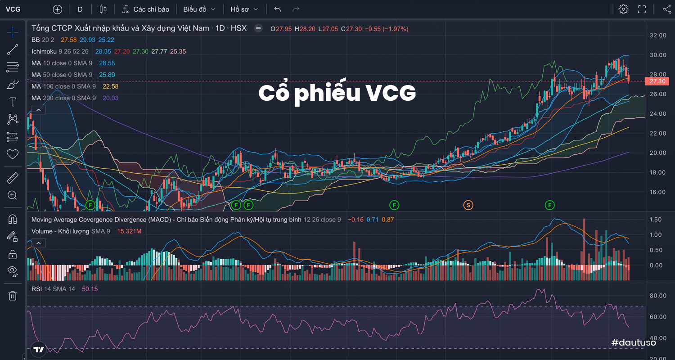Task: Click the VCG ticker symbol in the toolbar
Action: (13, 9)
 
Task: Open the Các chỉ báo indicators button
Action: (145, 9)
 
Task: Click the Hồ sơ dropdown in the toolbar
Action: (244, 9)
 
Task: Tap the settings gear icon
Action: (623, 9)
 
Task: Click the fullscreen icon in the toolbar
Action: (642, 9)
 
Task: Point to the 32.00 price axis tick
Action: (658, 35)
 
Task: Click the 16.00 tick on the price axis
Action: (658, 192)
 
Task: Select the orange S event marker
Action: (468, 205)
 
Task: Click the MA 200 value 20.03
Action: (110, 98)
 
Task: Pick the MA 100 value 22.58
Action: (110, 86)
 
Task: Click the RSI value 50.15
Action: (90, 289)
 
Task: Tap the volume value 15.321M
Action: (129, 231)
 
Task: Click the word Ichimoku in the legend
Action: (44, 51)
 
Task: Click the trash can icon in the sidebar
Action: (13, 296)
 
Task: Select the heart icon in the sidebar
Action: (13, 154)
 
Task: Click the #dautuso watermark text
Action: (634, 342)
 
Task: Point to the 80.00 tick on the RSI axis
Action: (658, 296)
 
